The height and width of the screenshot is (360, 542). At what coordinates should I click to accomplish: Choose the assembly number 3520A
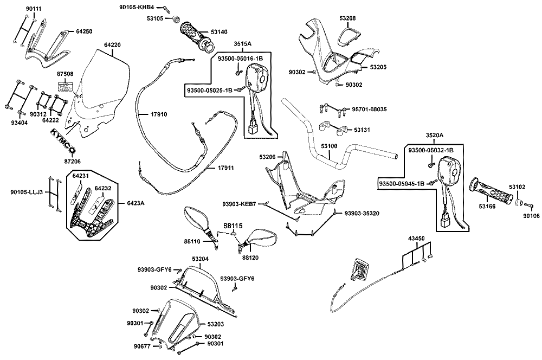(x=434, y=135)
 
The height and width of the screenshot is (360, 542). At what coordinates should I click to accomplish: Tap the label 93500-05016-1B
(x=240, y=58)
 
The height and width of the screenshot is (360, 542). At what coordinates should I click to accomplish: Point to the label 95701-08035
(x=370, y=110)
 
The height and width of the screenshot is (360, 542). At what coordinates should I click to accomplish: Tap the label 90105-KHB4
(x=137, y=8)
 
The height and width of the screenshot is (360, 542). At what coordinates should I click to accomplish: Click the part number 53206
(x=267, y=157)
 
